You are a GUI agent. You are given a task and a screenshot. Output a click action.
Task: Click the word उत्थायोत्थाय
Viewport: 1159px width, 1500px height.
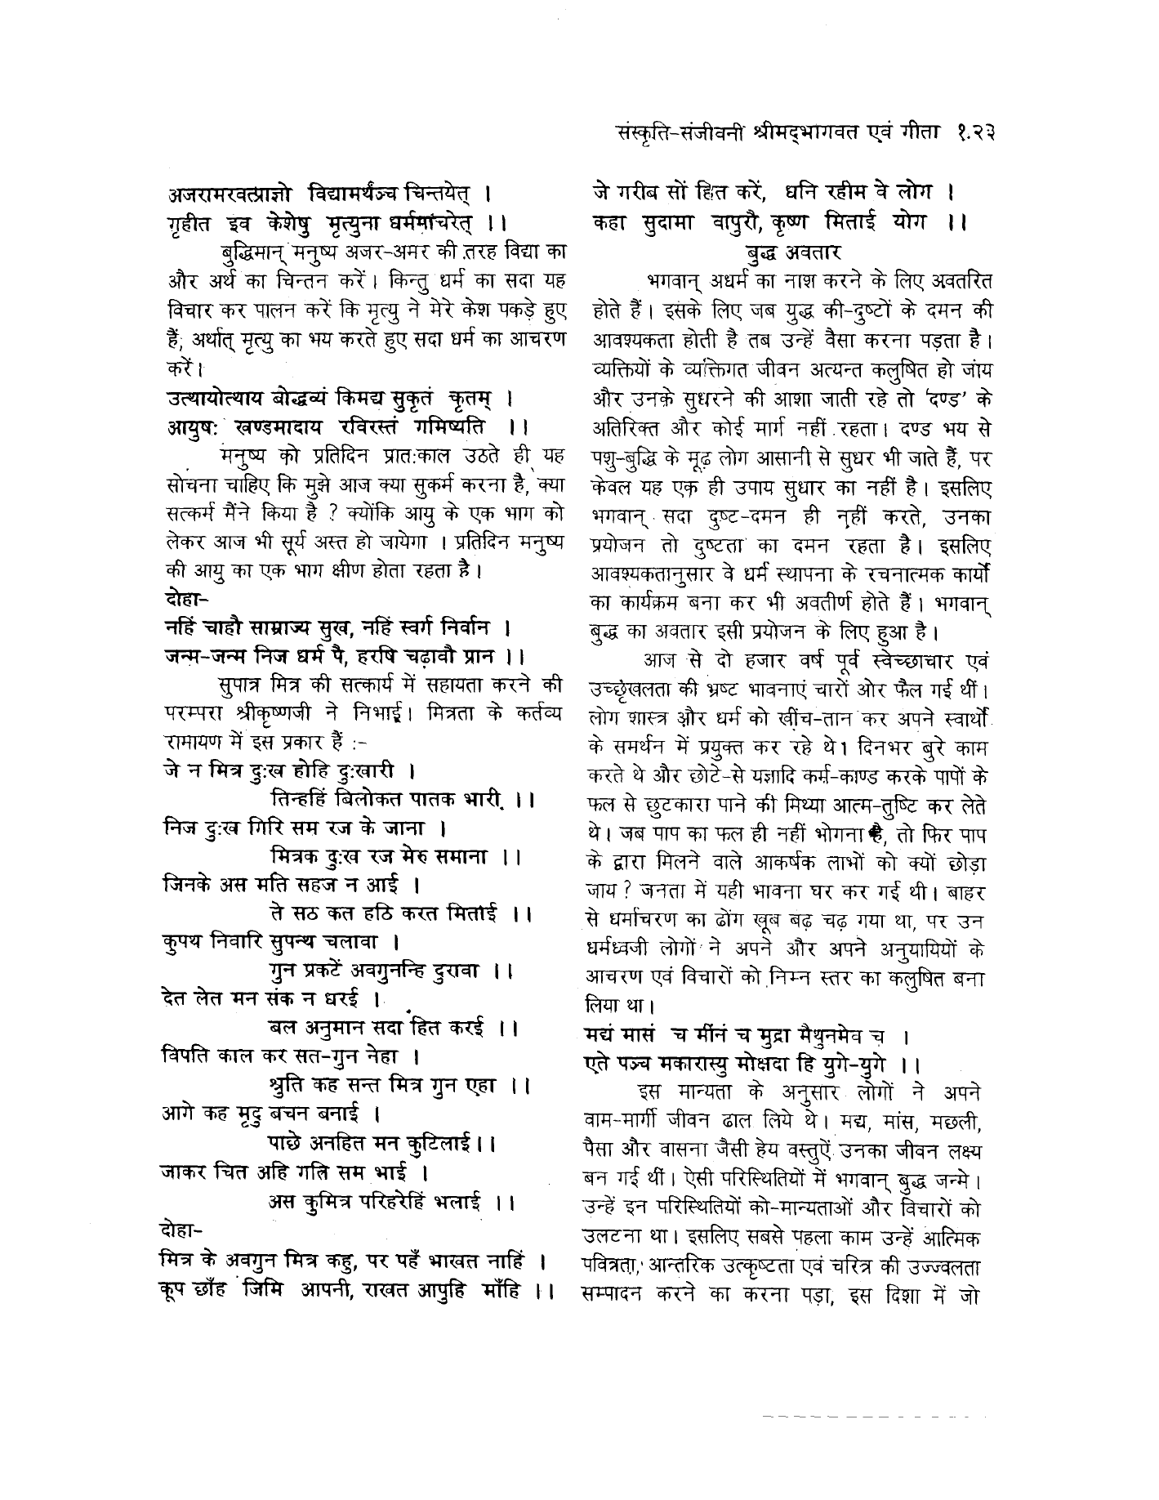click(213, 400)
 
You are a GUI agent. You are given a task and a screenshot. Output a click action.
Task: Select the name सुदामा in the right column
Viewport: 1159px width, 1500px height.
click(662, 222)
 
